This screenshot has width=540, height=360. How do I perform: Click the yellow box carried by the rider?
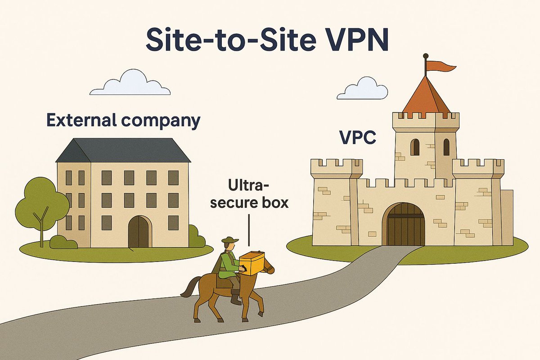253,263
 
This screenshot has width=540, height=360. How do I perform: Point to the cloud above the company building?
130,83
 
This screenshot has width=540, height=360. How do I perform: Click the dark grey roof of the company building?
122,150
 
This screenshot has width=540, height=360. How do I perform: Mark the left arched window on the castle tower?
415,147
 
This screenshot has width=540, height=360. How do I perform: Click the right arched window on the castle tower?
446,147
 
